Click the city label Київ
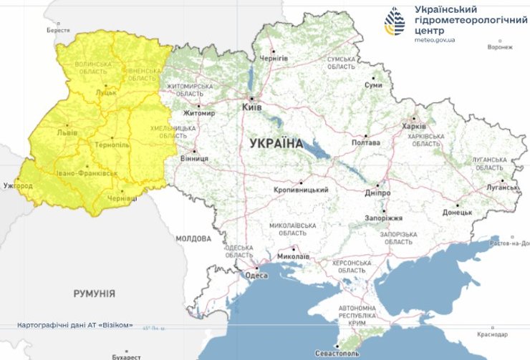coord(251,107)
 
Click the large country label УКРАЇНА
coord(276,143)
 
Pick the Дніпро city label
coord(377,193)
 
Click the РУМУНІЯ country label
coord(94,293)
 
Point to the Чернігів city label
coord(274,57)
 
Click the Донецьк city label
coord(457,212)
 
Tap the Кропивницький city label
coord(301,190)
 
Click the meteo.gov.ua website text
coord(438,40)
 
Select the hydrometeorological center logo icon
coord(395,22)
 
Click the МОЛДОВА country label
coord(192,238)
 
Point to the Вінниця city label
coord(194,158)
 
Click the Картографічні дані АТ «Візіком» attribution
coord(76,325)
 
